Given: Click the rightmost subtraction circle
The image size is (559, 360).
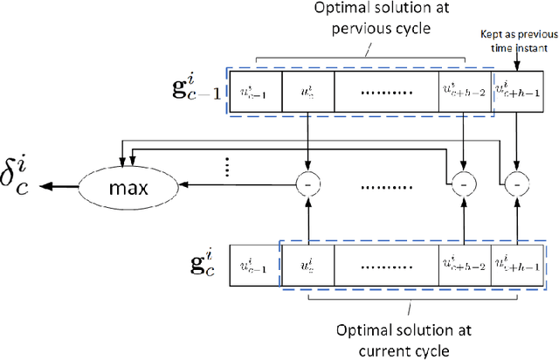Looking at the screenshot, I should pyautogui.click(x=517, y=186).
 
